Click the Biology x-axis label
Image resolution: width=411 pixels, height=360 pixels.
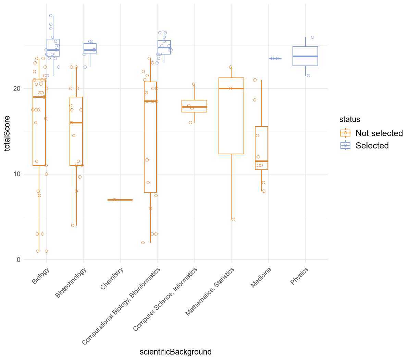coord(40,276)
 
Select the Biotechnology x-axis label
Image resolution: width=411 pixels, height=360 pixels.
coord(71,283)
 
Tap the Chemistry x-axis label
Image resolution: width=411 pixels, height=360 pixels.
coord(112,278)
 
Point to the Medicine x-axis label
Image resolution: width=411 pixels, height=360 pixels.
coord(261,277)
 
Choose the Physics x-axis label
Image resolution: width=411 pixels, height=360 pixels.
coord(299,276)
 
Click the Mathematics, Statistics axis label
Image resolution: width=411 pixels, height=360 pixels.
coord(210,291)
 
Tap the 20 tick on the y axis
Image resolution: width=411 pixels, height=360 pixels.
coord(17,88)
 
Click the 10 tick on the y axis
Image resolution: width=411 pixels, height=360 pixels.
coord(17,174)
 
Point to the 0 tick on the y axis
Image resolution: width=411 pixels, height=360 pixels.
coord(19,260)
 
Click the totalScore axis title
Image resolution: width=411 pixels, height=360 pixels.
coord(7,133)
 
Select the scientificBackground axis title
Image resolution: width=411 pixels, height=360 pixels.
coord(176,352)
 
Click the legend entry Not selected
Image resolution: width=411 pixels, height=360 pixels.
coord(371,133)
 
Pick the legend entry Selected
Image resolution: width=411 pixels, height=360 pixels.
coord(364,145)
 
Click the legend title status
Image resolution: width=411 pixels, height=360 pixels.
coord(350,119)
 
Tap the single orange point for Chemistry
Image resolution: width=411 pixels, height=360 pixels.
coord(114,200)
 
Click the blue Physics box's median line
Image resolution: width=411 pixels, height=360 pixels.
coord(305,56)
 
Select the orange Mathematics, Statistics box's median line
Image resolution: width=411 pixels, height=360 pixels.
coord(231,88)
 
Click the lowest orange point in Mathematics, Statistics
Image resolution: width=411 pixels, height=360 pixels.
coord(234,220)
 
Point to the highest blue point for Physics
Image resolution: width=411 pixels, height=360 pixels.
coord(312,37)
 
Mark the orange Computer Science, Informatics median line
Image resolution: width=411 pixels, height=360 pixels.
coord(194,107)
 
